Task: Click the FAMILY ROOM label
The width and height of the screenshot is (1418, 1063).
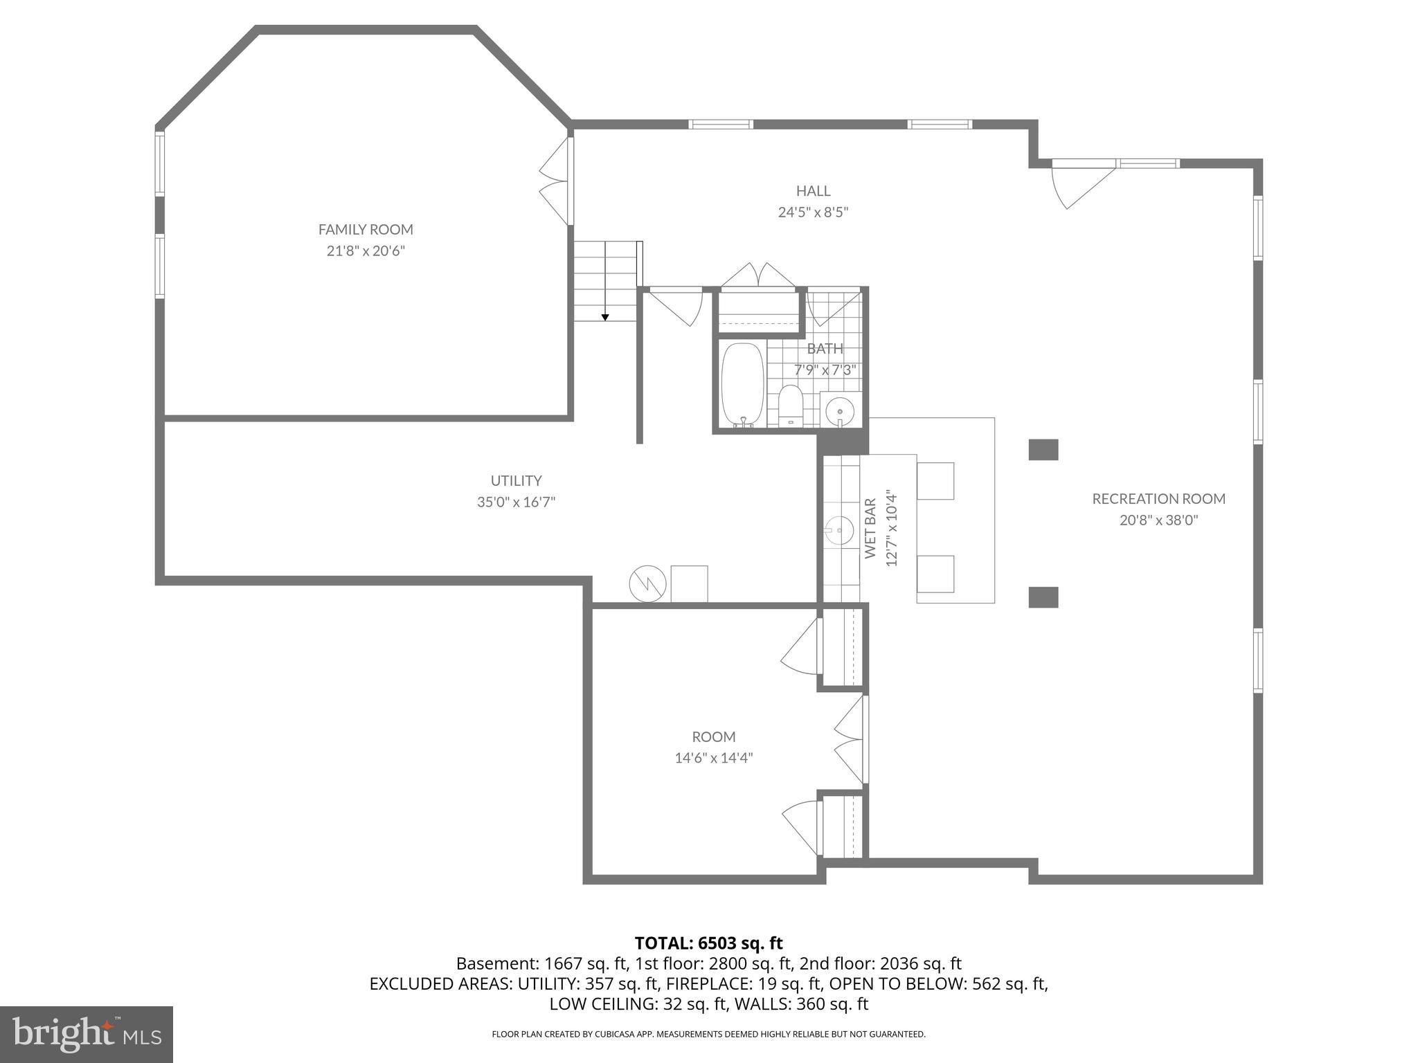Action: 366,229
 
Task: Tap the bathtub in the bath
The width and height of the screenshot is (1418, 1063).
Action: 742,384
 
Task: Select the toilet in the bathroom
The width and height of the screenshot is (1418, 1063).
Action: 790,407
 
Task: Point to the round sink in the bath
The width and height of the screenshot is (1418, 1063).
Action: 840,412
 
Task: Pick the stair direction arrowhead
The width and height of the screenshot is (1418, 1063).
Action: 605,318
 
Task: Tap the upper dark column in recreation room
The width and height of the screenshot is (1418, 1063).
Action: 1043,450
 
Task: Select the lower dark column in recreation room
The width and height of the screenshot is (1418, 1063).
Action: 1043,597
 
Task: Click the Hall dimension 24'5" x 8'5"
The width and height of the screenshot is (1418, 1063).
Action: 813,212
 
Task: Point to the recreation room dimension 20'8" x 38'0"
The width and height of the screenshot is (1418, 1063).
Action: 1158,520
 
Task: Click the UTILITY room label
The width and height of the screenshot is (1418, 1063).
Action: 516,480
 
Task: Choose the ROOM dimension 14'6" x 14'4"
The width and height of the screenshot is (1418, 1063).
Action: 713,758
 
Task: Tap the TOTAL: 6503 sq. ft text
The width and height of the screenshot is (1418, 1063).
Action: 708,943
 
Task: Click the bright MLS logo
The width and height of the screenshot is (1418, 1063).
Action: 87,1035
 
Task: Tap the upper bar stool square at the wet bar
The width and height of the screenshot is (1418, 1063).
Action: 935,480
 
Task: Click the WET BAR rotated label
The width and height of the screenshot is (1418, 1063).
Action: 870,528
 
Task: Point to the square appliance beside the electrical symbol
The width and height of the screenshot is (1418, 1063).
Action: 689,584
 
